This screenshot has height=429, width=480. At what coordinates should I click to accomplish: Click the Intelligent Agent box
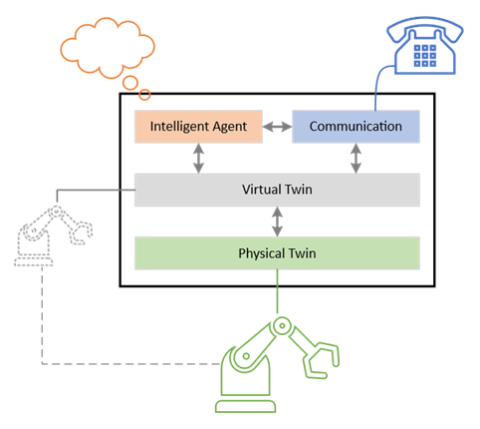tap(198, 127)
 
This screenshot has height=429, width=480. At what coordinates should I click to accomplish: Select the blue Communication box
tap(356, 127)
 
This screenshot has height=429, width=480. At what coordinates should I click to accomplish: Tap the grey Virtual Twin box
tap(277, 190)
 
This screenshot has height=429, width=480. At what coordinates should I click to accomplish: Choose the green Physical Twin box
tap(277, 253)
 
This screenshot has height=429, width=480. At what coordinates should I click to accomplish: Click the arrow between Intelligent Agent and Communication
tap(277, 127)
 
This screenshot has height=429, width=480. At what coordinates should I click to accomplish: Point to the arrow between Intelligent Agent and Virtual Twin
tap(198, 158)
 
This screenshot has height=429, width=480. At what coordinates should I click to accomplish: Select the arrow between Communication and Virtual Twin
tap(356, 158)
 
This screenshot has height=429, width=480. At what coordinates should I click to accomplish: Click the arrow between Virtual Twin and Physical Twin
tap(277, 220)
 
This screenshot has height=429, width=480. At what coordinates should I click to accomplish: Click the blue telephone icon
tap(425, 45)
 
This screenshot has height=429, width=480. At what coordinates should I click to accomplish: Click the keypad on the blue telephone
tap(425, 54)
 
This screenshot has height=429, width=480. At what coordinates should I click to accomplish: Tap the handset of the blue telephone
tap(425, 24)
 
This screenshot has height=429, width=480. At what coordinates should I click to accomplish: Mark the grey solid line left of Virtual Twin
tap(95, 190)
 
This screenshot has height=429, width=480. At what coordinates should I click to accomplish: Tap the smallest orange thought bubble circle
tap(145, 95)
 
